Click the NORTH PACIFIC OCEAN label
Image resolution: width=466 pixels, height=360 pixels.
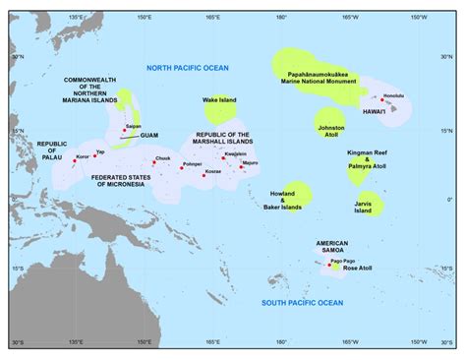coord(187,67)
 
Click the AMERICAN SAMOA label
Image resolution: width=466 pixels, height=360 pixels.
coord(332,247)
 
